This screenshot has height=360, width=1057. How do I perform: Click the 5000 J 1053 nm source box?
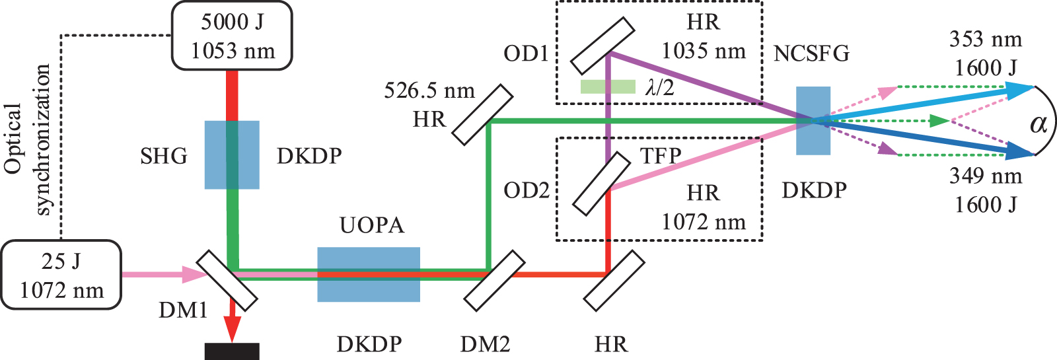[x=232, y=36]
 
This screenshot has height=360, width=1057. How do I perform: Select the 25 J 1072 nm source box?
[x=61, y=275]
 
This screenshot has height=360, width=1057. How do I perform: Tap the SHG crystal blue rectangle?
[x=232, y=155]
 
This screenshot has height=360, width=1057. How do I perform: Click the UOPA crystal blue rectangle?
[x=369, y=274]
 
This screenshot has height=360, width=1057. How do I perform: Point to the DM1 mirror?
[x=227, y=280]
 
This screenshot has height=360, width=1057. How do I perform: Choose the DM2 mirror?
[x=494, y=281]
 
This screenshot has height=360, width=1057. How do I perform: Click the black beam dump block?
[x=232, y=351]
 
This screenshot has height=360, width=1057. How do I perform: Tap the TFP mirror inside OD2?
[x=601, y=184]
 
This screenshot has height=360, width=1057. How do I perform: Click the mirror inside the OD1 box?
[x=602, y=44]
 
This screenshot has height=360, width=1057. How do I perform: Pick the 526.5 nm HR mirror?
[x=482, y=114]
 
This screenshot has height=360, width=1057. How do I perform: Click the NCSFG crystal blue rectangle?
[x=813, y=121]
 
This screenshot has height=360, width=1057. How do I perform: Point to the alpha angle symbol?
[x=1039, y=123]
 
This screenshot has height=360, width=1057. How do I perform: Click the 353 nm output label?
[x=986, y=40]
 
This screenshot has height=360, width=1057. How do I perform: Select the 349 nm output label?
[x=986, y=176]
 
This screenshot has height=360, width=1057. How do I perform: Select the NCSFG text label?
[x=811, y=54]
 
